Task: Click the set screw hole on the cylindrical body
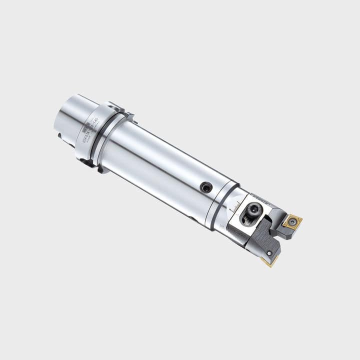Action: click(206, 187)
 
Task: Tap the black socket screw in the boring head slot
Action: click(254, 210)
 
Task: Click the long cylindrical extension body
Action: click(160, 170)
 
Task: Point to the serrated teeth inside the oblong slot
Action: click(248, 218)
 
